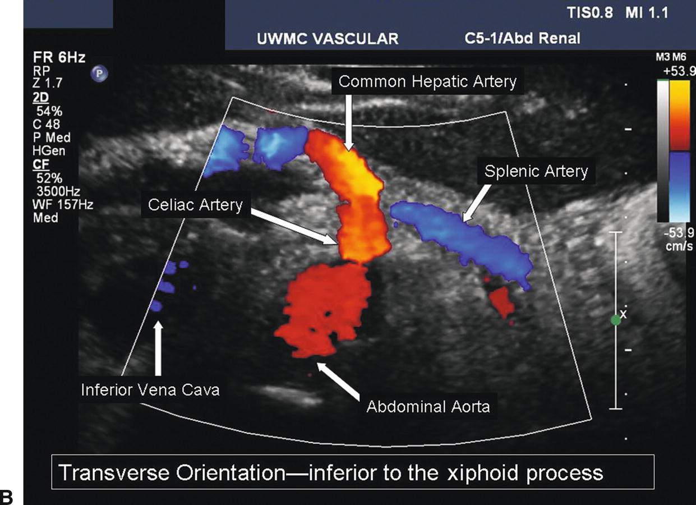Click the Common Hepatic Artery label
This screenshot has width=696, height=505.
[427, 82]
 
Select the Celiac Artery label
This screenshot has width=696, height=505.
[195, 205]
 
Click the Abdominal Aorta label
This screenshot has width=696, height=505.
[428, 406]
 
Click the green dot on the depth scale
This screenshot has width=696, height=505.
[616, 320]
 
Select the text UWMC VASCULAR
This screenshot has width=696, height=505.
[327, 39]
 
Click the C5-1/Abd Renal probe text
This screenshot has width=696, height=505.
[522, 39]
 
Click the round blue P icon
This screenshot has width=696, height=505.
[102, 73]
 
